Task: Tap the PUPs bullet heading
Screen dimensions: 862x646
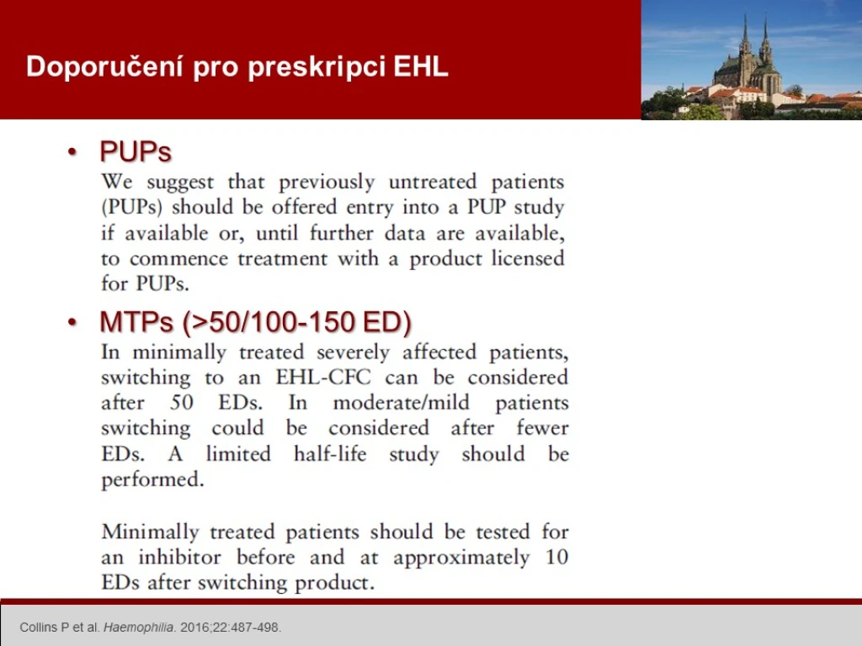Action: [x=136, y=151]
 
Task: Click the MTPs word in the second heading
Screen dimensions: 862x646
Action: [x=136, y=322]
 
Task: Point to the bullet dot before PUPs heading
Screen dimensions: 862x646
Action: [x=72, y=151]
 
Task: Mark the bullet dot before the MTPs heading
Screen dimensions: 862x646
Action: [x=72, y=322]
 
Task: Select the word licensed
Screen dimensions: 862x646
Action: [x=528, y=258]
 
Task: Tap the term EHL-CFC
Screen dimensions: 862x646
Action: [x=323, y=378]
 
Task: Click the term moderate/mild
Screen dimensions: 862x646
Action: [x=402, y=403]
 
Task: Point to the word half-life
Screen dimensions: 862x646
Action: [x=330, y=453]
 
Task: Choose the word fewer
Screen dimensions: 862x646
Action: [x=542, y=428]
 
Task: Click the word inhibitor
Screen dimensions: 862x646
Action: [x=180, y=557]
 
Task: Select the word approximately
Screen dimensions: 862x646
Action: [x=462, y=558]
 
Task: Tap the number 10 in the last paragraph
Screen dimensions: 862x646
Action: [x=556, y=557]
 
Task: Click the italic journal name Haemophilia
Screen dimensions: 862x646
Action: [x=139, y=627]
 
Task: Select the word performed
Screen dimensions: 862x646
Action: [x=152, y=479]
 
